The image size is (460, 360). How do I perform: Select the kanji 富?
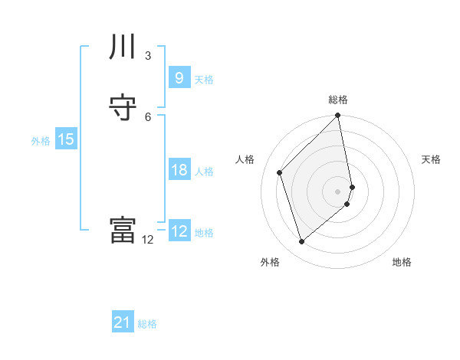123,230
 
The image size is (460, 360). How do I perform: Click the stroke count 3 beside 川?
148,55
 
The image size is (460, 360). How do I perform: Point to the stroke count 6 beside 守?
148,116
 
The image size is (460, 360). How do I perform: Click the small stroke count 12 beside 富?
148,239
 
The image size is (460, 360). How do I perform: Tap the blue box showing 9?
179,77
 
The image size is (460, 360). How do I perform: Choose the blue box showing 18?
179,170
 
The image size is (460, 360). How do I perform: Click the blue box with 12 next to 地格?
179,231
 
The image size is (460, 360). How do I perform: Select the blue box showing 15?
65,139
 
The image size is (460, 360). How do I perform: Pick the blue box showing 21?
122,322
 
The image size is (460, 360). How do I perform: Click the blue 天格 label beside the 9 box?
204,79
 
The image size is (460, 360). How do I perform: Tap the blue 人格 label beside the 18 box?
204,172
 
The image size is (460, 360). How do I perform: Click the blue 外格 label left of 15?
40,141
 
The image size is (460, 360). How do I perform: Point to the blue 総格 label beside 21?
147,324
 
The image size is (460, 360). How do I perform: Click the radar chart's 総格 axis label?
338,100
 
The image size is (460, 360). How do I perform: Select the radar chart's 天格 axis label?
431,159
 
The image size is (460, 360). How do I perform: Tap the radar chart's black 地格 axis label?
402,262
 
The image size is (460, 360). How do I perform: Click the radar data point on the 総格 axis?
338,116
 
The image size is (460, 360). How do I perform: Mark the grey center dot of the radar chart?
338,191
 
